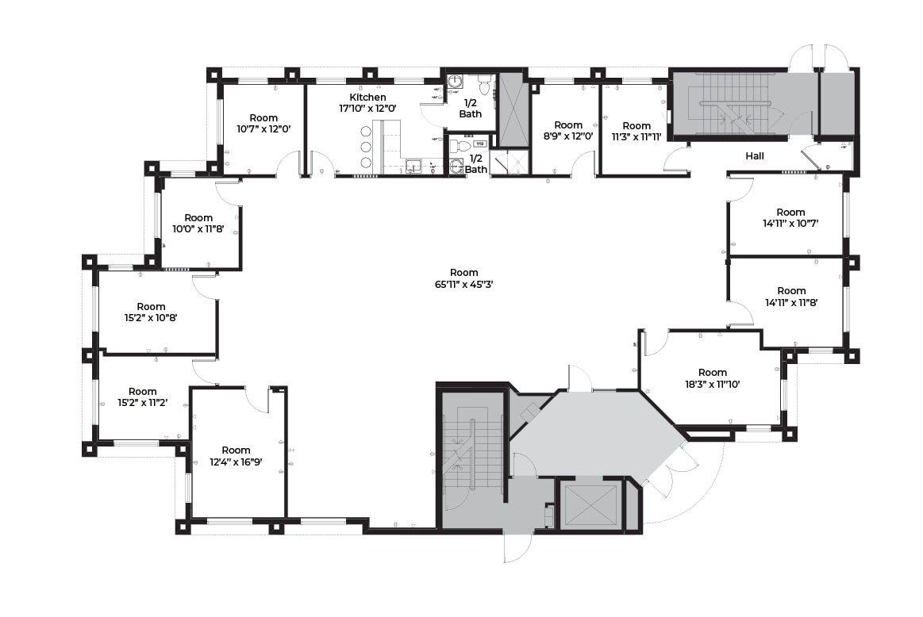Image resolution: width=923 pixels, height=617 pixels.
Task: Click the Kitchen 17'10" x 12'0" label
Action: (x=373, y=102)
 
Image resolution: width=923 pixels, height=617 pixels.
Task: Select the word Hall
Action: (x=755, y=156)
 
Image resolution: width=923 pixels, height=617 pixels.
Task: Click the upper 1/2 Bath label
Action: (x=470, y=109)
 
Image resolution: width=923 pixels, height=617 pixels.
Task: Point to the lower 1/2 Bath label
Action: (x=475, y=163)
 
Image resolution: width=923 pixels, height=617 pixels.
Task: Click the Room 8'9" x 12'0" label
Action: (x=568, y=131)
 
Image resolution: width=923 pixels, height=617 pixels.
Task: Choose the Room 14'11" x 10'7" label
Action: (x=790, y=218)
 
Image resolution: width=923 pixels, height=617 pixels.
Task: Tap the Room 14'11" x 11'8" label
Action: (x=790, y=297)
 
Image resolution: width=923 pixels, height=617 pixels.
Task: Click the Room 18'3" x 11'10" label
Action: (x=713, y=378)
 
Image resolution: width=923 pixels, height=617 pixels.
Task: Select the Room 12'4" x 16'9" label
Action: (x=236, y=456)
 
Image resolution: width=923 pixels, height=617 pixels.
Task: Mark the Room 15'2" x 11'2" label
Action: (x=143, y=397)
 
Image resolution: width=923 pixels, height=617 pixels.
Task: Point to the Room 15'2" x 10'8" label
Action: (x=151, y=312)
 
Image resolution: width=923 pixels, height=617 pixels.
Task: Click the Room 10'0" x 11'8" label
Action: (x=198, y=224)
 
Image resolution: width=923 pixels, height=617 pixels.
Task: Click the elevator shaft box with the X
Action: (x=590, y=504)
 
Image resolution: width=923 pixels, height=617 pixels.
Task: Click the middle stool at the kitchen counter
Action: (x=366, y=147)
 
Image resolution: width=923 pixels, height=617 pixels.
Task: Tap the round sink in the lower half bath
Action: (x=456, y=167)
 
